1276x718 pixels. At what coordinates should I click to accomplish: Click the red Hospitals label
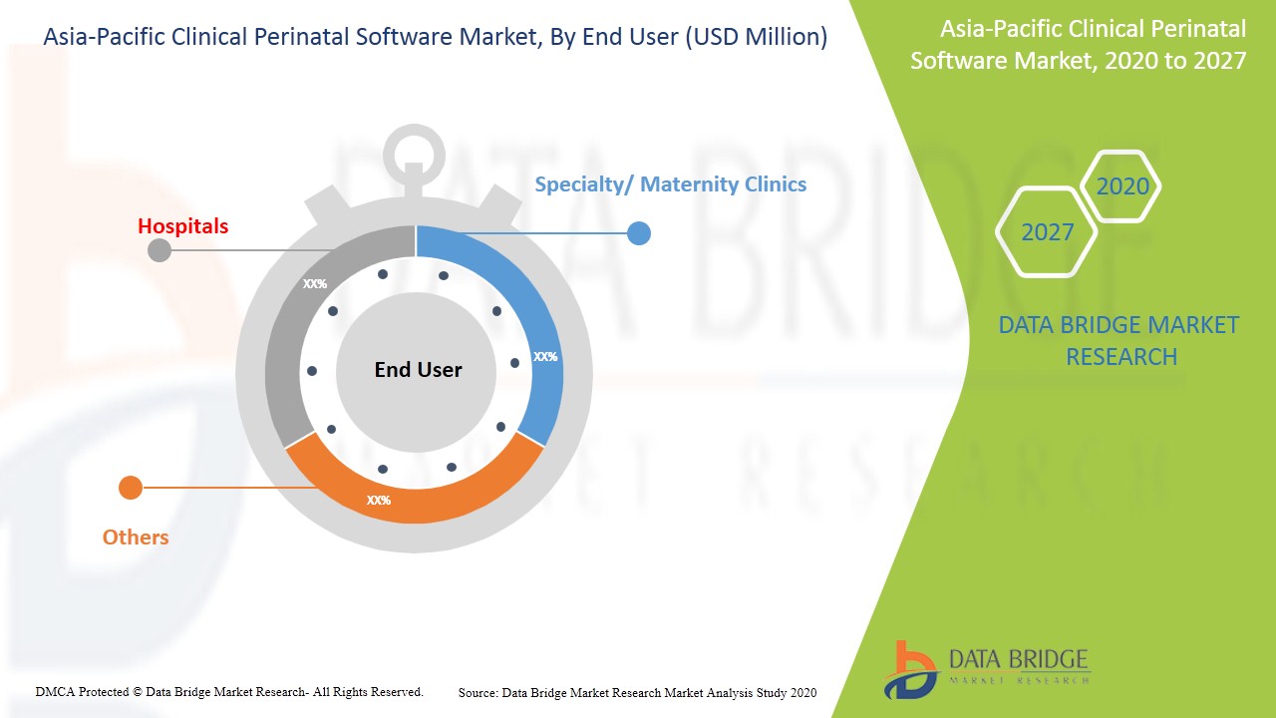[x=182, y=226]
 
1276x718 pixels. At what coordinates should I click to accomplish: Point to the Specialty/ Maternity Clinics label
[x=671, y=184]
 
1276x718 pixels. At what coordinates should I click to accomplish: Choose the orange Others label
[x=136, y=538]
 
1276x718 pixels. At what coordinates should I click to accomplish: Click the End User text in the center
[x=418, y=370]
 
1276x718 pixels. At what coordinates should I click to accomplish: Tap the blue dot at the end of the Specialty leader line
[x=639, y=233]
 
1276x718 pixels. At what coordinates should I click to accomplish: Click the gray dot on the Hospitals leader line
[x=159, y=250]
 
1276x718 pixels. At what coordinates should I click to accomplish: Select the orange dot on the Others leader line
[x=131, y=488]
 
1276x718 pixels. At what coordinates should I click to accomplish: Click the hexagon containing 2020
[x=1120, y=185]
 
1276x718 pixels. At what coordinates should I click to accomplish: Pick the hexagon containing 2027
[x=1047, y=231]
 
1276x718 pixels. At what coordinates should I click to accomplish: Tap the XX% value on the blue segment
[x=545, y=357]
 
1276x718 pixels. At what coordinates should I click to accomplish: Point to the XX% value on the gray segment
[x=314, y=284]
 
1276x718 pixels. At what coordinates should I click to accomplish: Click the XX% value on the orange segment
[x=379, y=501]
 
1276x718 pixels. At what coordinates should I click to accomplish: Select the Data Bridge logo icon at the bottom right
[x=911, y=670]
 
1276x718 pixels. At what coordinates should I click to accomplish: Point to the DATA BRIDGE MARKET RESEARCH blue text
[x=1119, y=341]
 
